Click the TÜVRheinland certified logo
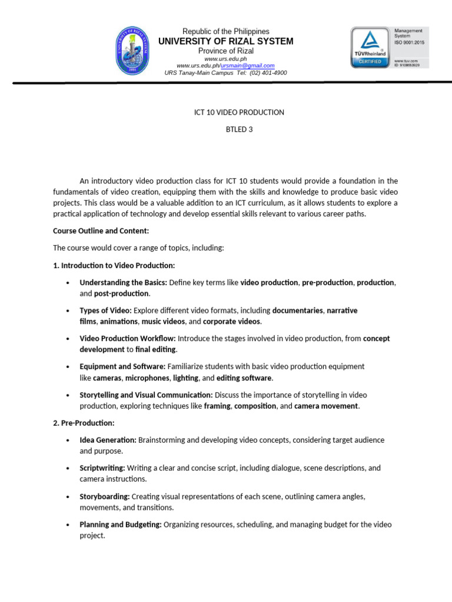[370, 46]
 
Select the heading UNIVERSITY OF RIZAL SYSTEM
[226, 41]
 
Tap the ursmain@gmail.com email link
[247, 65]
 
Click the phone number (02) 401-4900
[268, 72]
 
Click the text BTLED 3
[239, 129]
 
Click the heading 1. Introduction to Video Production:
[114, 265]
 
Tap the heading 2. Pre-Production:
[84, 423]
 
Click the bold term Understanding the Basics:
[123, 282]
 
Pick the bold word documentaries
[298, 310]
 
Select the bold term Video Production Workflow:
[128, 338]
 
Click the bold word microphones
[147, 377]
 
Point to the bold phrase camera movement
[326, 406]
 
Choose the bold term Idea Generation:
[108, 440]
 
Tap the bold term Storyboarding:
[105, 496]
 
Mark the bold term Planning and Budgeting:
[121, 524]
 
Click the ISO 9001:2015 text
[408, 42]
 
